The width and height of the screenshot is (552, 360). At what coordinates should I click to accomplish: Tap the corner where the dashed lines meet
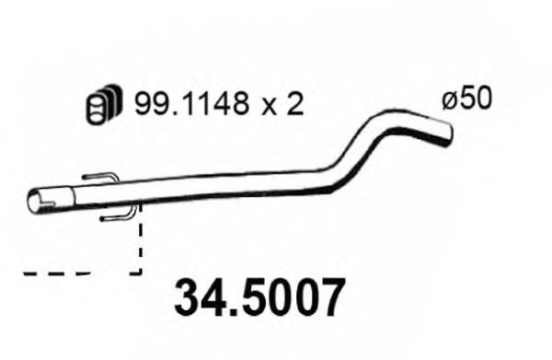[x=140, y=273]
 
